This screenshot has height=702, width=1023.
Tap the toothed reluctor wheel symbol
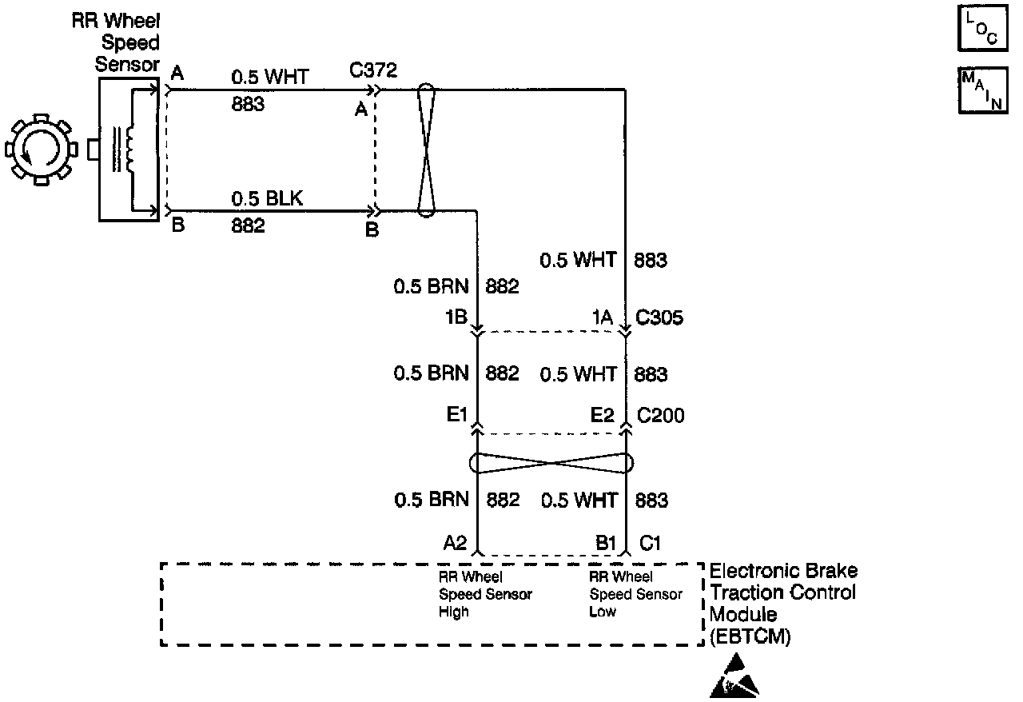click(x=41, y=150)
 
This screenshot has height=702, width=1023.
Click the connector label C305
click(x=659, y=318)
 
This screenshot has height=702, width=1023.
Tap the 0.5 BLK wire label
click(x=268, y=199)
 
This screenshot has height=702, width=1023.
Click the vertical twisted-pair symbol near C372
click(x=426, y=150)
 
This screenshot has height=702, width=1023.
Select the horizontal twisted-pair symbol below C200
click(x=551, y=463)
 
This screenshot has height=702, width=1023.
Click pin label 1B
click(x=457, y=318)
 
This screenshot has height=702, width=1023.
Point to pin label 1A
click(x=602, y=318)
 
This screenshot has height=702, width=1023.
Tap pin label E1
click(x=456, y=416)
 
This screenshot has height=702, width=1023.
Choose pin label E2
click(x=602, y=416)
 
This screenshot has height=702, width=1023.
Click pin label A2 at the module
click(x=455, y=543)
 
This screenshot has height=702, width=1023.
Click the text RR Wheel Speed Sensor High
click(x=485, y=594)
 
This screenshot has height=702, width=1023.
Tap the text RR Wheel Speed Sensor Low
click(x=635, y=594)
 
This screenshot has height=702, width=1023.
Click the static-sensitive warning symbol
click(x=734, y=679)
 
